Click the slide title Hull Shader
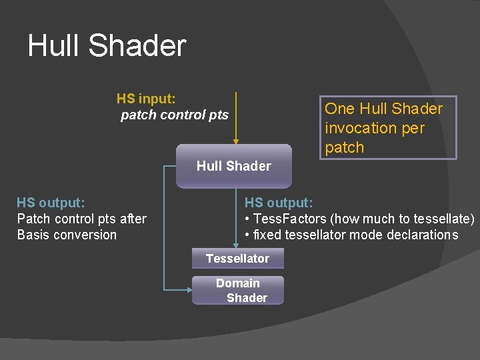[107, 46]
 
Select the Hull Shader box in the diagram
[234, 166]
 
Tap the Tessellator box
[237, 259]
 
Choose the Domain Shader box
[238, 291]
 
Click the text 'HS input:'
[146, 99]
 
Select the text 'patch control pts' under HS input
[174, 115]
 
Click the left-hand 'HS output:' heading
[51, 202]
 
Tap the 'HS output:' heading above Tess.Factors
[279, 202]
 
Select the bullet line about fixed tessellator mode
[351, 235]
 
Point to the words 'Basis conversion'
[67, 235]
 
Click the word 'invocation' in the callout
[361, 128]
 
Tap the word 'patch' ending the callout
[344, 147]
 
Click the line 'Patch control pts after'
[81, 219]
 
